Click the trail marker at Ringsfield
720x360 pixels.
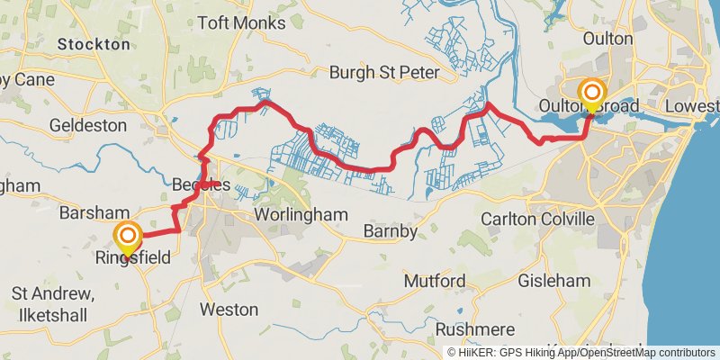tap(128, 238)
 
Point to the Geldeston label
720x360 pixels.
tap(88, 125)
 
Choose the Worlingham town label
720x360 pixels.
tap(301, 216)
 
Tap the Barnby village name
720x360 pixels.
tap(390, 233)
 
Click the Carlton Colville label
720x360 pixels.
tap(550, 219)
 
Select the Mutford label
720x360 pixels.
tap(435, 282)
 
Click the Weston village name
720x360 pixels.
tap(229, 309)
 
